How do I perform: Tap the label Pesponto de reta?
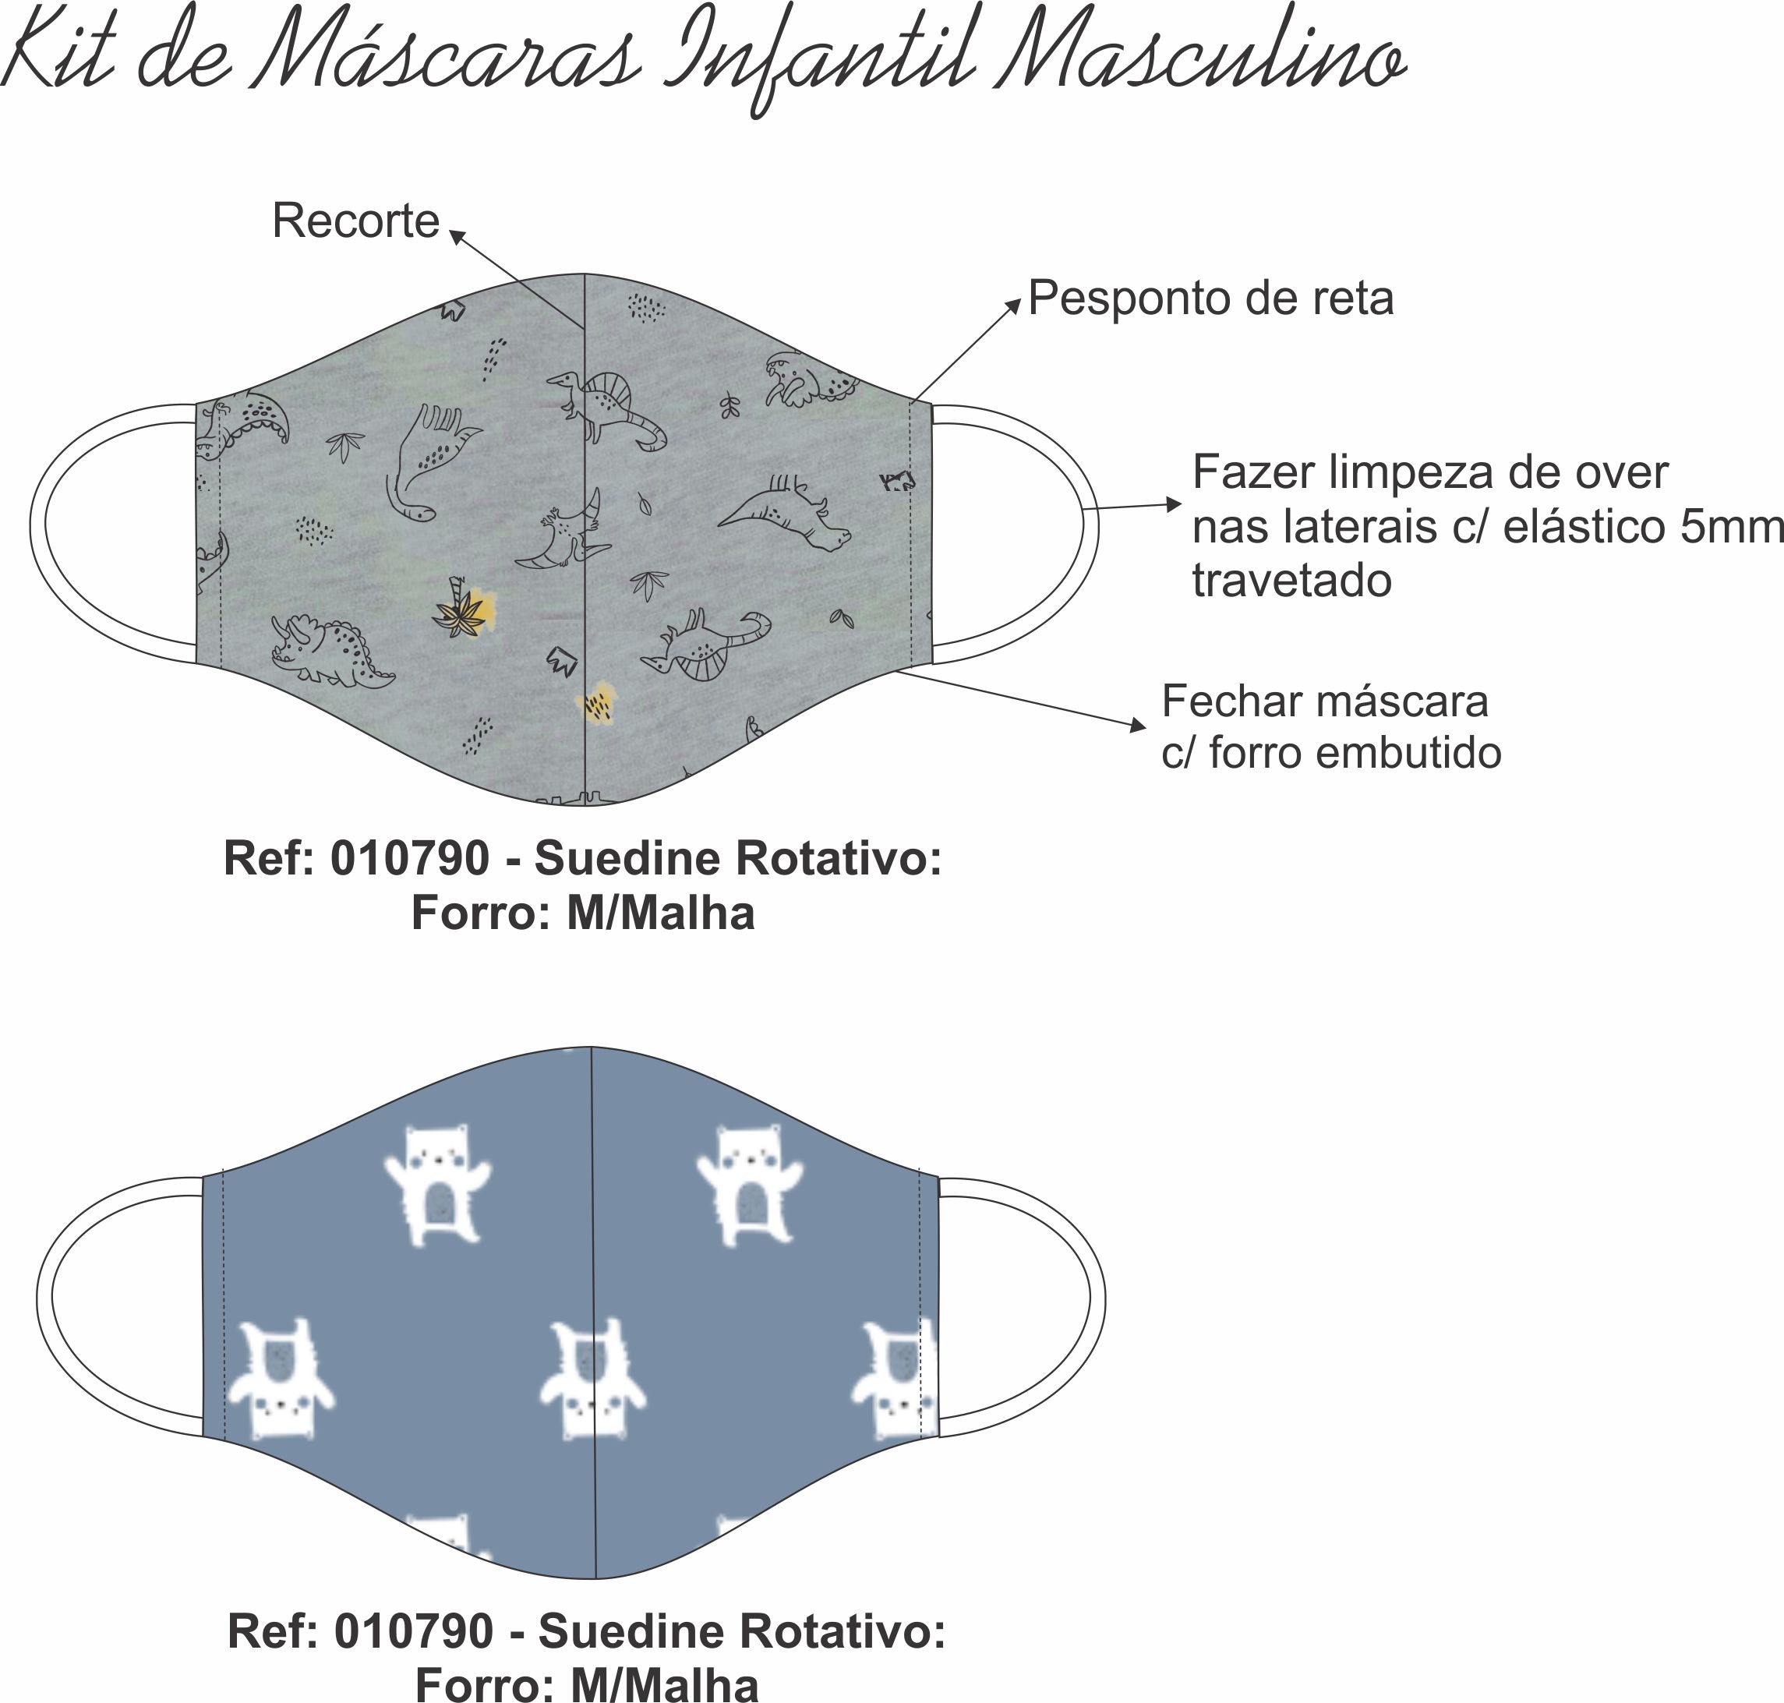point(1210,299)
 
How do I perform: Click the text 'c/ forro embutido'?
point(1331,753)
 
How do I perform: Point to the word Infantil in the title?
point(821,64)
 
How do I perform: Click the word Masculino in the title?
point(1200,55)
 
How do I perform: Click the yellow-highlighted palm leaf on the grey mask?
point(464,608)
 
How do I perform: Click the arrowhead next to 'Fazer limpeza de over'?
point(1173,503)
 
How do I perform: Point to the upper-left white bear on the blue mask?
point(437,1184)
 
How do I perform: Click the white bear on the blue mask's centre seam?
point(592,1379)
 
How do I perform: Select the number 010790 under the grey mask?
point(409,858)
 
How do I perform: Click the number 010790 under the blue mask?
point(414,1631)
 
